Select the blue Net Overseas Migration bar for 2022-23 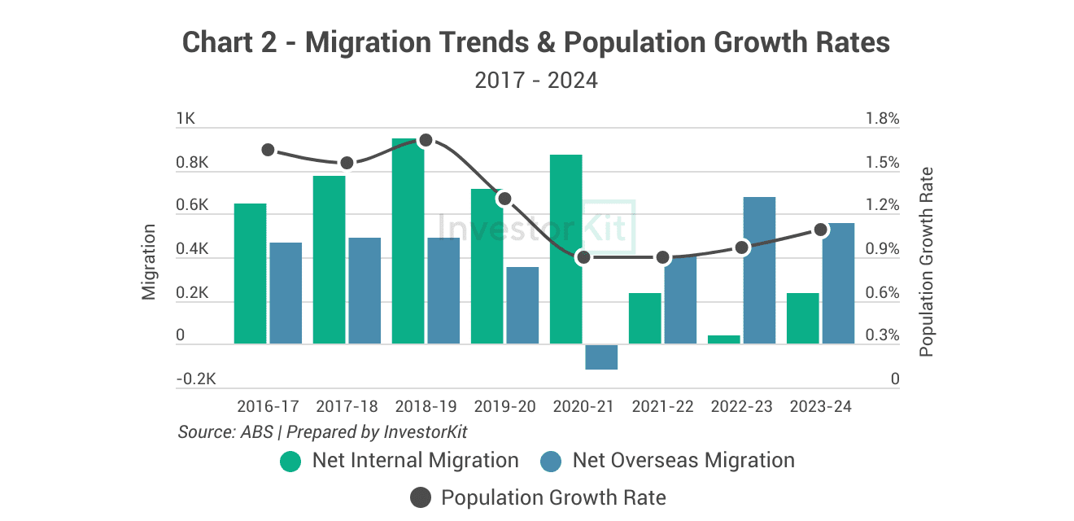point(759,270)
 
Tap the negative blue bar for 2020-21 point(601,357)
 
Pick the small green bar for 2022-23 point(723,339)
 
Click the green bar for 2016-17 point(250,274)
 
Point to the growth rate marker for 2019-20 point(504,199)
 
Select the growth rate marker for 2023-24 point(821,230)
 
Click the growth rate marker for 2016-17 point(268,150)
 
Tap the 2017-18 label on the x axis point(347,406)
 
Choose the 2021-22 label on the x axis point(663,406)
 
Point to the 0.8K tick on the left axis point(193,163)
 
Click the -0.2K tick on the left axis point(196,379)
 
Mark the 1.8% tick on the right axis point(883,119)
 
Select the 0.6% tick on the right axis point(883,292)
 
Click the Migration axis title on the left point(149,262)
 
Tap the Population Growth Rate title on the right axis point(926,262)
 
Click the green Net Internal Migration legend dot point(290,461)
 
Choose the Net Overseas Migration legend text point(683,461)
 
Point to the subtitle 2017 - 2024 point(536,81)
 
